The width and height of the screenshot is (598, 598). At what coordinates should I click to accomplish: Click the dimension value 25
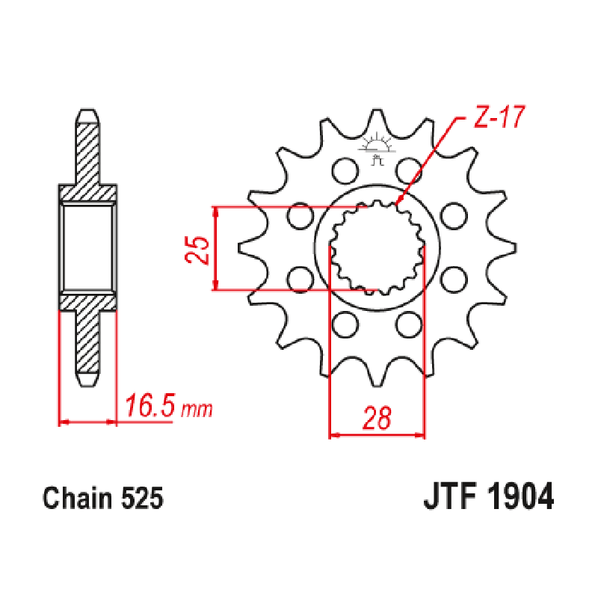197,250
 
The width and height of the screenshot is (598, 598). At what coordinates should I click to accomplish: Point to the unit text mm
197,410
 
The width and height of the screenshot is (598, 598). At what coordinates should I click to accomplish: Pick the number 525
140,499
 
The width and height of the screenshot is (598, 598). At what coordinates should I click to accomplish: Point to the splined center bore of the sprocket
377,247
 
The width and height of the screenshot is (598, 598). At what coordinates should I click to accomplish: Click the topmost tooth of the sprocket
377,120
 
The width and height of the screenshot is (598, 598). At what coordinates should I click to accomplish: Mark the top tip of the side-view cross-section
88,114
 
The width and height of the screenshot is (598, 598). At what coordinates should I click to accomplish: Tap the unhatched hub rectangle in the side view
88,247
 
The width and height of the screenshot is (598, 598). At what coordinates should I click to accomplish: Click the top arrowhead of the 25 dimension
216,212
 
